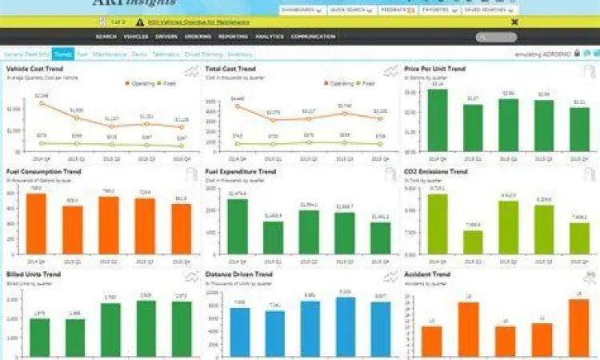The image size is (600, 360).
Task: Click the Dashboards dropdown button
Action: point(301,10)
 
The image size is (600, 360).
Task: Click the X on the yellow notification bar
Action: point(515,22)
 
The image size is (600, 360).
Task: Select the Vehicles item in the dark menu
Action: point(135,37)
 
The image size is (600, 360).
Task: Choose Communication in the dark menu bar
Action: point(313,37)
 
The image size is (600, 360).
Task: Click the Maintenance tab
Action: point(109,54)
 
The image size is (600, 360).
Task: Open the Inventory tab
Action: point(240,54)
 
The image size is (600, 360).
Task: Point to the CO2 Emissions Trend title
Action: point(437,171)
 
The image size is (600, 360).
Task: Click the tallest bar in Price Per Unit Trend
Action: point(437,120)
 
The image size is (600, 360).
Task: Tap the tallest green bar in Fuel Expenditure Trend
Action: point(237,226)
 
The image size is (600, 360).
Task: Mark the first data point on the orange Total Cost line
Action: point(236,104)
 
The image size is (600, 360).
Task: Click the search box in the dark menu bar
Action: point(496,37)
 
